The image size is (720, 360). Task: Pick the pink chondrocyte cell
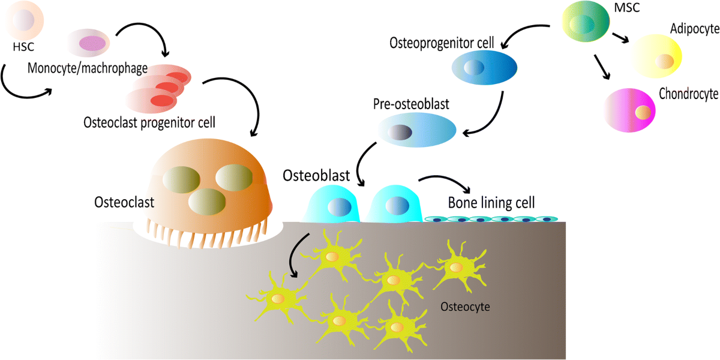pos(629,110)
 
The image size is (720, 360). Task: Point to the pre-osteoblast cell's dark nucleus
pos(397,131)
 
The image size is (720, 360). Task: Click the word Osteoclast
pos(124,202)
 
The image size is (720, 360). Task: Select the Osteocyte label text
pos(465,307)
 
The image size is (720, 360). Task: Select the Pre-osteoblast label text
pos(411,104)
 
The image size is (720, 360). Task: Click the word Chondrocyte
pos(688,94)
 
